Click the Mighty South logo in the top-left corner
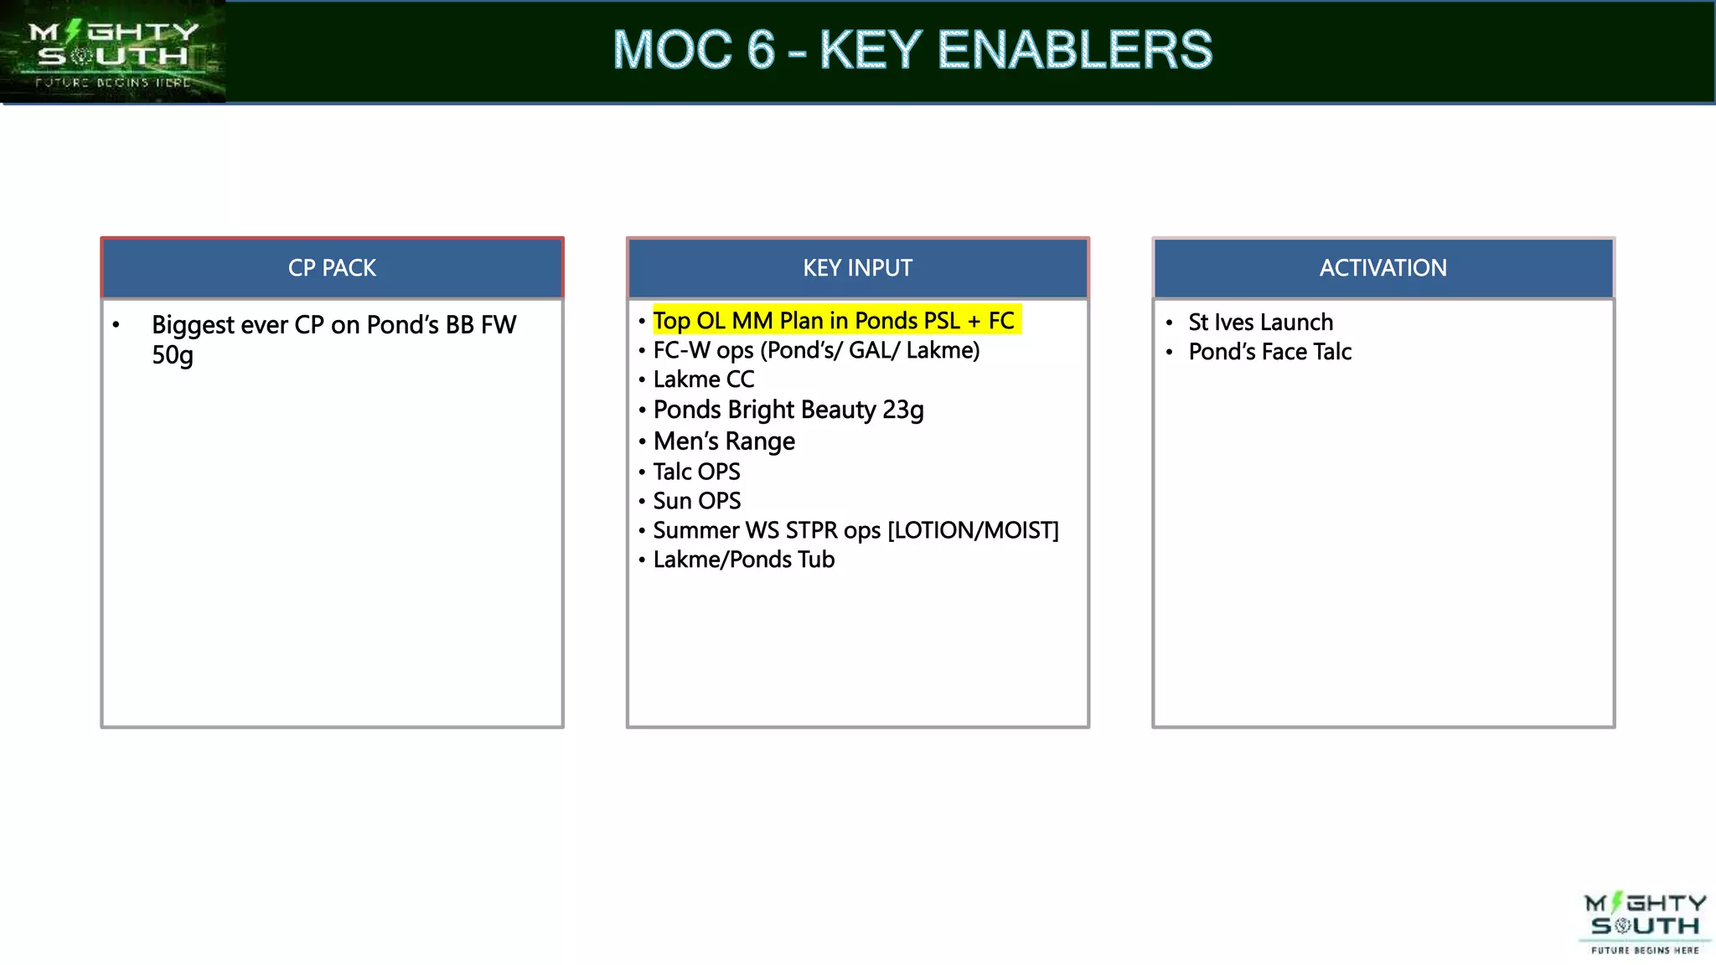point(112,52)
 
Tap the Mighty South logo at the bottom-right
point(1644,922)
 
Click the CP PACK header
point(332,268)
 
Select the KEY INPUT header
point(857,268)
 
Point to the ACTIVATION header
point(1383,268)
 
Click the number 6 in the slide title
point(760,50)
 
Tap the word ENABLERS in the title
point(1074,50)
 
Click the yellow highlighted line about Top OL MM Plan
point(834,321)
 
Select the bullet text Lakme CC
point(703,379)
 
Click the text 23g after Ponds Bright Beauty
point(902,410)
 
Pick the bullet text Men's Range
point(724,441)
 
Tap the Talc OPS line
point(696,472)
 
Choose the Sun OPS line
point(696,501)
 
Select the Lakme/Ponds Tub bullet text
point(743,560)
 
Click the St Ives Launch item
point(1260,323)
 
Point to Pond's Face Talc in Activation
point(1269,352)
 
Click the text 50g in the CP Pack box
point(172,355)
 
